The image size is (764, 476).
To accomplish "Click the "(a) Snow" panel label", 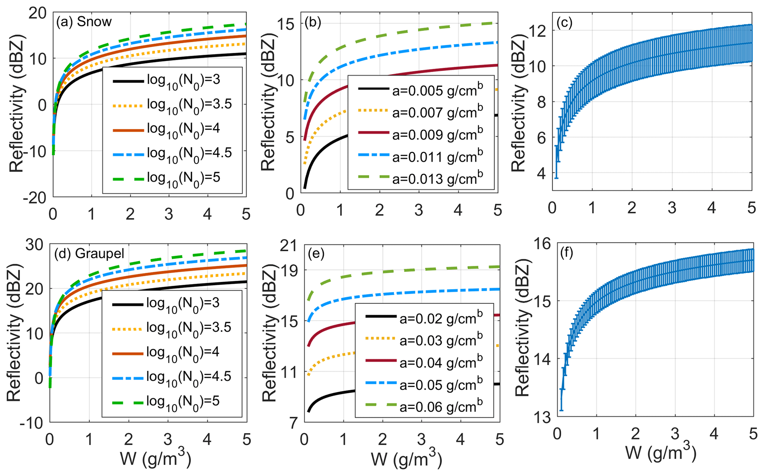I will tap(84, 22).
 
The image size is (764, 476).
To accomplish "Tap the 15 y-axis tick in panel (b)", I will tap(286, 24).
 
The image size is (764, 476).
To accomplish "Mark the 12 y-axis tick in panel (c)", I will tap(538, 31).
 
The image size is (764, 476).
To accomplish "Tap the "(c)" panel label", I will tap(564, 23).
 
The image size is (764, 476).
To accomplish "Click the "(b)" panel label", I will tap(312, 23).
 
